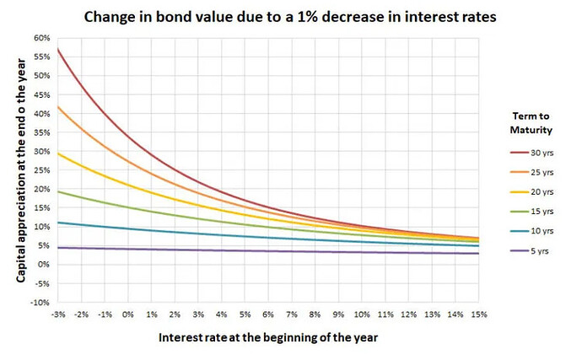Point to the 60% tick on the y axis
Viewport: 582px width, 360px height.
coord(40,38)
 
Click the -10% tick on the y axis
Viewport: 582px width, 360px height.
coord(39,302)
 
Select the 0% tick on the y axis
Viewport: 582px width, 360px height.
coord(43,264)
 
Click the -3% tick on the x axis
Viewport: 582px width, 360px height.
coord(57,314)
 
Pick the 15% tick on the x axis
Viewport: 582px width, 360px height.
coord(478,314)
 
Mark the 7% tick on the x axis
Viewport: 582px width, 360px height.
coord(292,314)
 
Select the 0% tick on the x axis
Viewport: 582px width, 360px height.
coord(128,314)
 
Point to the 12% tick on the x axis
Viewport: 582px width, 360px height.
coord(408,314)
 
